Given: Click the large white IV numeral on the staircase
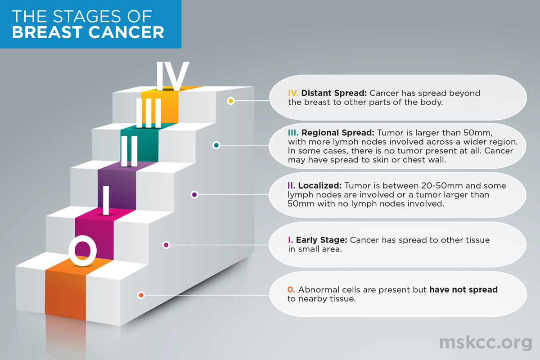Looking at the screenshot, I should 172,76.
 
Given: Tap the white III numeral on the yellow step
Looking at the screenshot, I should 149,113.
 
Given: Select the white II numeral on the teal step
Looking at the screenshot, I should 130,151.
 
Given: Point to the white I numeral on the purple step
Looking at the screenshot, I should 106,201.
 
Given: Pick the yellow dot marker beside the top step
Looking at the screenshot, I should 231,101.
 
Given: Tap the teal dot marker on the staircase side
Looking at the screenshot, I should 216,145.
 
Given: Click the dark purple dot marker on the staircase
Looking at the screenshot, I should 194,195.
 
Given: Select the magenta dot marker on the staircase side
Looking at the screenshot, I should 166,245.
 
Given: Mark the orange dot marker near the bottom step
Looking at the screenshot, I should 141,295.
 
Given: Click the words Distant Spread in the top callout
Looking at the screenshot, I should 333,94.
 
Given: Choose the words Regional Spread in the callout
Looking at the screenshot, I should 337,133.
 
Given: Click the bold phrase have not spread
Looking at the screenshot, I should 463,290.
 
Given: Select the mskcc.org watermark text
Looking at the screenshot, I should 486,343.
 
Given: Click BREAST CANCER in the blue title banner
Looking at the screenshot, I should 88,32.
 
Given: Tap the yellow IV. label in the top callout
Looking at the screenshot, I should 293,94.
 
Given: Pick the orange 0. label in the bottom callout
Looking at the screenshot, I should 292,290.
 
